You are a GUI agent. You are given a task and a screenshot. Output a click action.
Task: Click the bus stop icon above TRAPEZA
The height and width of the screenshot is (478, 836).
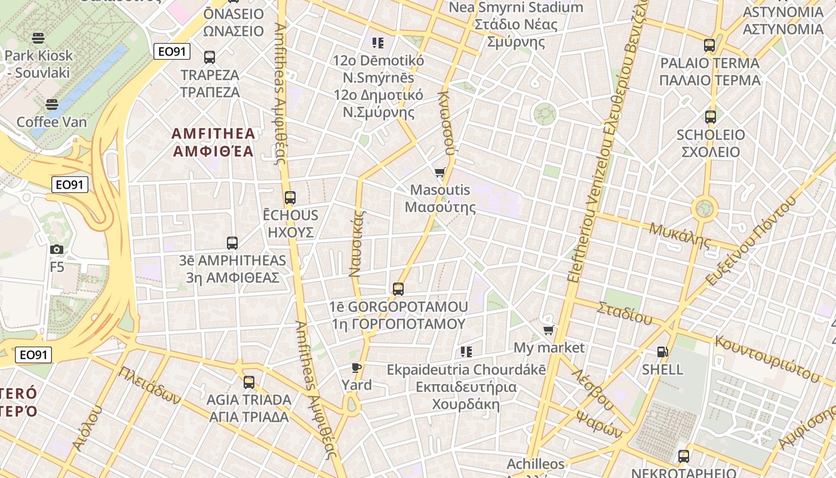[x=209, y=57]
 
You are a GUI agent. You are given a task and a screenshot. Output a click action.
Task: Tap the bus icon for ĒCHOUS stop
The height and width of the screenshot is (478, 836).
[x=290, y=197]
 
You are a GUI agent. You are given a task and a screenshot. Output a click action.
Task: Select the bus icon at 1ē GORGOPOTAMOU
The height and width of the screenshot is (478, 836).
[x=398, y=289]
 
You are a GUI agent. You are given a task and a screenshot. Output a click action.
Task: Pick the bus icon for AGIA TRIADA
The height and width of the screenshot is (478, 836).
[x=249, y=382]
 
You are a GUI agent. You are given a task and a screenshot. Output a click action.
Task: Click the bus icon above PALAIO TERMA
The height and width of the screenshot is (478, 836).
[x=709, y=45]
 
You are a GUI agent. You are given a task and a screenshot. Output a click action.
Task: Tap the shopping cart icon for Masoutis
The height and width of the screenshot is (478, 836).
[x=440, y=173]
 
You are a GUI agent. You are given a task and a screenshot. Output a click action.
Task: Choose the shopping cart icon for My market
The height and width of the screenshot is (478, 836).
[x=549, y=330]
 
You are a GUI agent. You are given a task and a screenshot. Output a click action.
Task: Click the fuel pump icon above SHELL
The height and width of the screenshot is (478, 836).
[x=662, y=352]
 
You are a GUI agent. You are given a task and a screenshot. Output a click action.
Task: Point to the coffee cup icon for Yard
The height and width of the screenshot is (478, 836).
[x=356, y=367]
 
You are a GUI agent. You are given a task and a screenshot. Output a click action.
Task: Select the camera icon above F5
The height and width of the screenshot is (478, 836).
[x=57, y=249]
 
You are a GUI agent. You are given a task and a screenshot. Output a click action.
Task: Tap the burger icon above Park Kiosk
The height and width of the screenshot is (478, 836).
[x=39, y=39]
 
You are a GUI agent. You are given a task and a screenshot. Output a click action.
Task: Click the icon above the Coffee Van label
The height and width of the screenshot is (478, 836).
[x=52, y=105]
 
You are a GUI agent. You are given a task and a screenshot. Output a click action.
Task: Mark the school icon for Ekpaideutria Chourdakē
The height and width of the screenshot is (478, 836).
[x=466, y=352]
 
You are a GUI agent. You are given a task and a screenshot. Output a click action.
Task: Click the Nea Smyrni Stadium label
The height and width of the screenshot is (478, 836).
[x=516, y=8]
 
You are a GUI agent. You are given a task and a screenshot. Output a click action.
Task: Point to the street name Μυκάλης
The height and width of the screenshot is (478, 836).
[x=680, y=235]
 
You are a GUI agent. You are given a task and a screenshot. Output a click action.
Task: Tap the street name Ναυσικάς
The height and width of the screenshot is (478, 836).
[x=356, y=243]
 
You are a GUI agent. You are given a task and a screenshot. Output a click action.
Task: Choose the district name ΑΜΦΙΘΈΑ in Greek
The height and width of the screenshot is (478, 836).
[x=214, y=151]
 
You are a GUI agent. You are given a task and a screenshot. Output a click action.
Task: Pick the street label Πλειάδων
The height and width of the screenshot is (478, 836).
[x=149, y=385]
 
